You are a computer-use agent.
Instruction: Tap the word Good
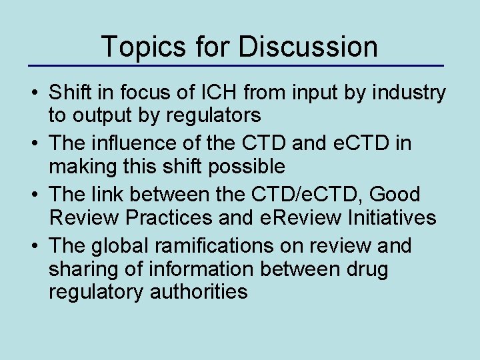pos(397,194)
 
